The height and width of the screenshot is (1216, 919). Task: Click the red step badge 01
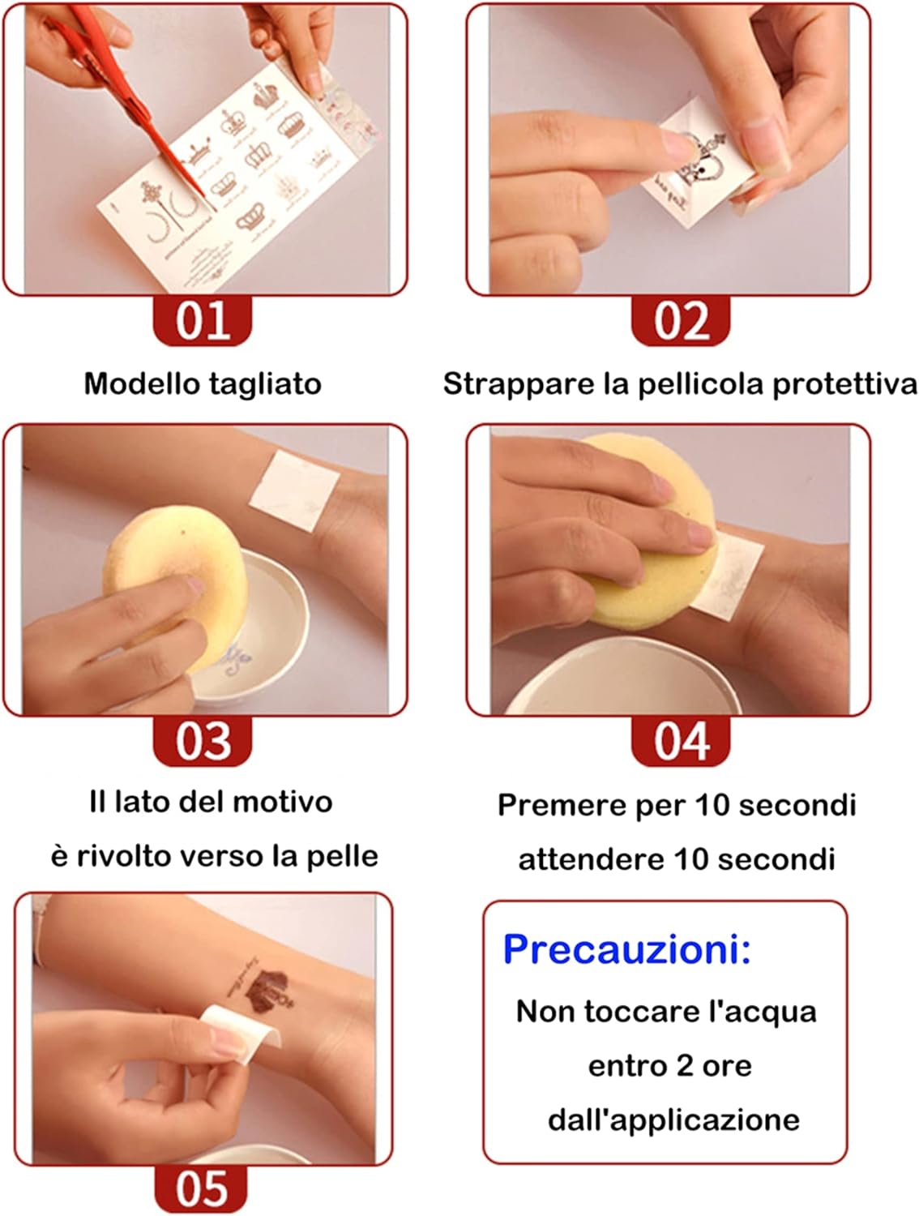pos(202,320)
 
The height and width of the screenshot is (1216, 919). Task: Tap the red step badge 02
pos(681,320)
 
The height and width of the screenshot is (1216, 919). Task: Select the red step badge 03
pos(202,741)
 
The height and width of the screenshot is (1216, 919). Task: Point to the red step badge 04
pos(681,741)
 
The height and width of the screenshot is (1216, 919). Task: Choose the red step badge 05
pos(201,1189)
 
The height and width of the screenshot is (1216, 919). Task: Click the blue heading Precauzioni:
pos(626,949)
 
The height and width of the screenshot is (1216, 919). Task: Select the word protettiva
pos(844,384)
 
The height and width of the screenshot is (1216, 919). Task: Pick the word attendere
pos(591,859)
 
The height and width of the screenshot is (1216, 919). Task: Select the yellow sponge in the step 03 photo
pos(175,586)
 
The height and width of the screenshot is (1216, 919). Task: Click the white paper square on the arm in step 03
pos(294,490)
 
